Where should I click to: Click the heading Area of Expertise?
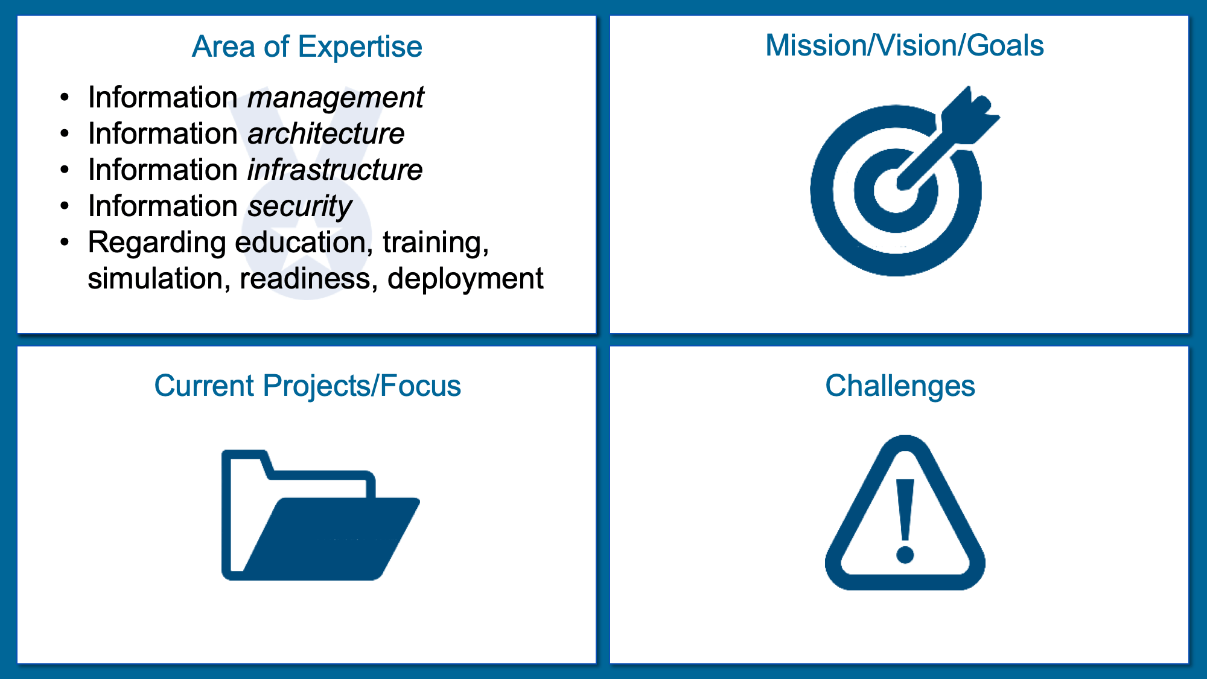(x=307, y=46)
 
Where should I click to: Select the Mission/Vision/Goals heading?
(x=905, y=45)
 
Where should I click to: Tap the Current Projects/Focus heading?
(x=307, y=386)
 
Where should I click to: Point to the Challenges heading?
(x=900, y=386)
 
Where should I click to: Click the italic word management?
(x=336, y=98)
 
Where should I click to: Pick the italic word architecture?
(x=326, y=133)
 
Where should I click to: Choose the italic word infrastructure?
(x=335, y=170)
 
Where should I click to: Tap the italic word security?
(x=300, y=207)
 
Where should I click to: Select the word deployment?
(x=465, y=279)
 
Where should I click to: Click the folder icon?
(x=320, y=515)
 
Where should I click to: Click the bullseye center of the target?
(x=896, y=191)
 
